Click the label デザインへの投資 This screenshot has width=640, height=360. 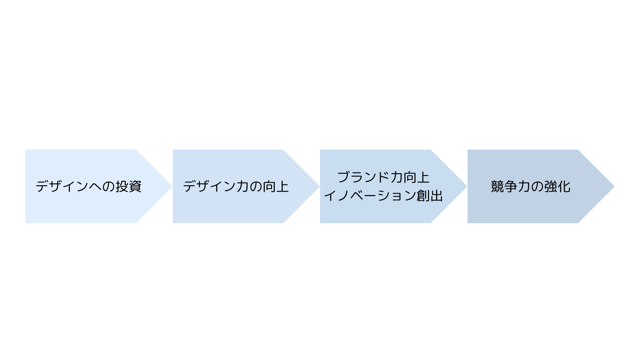coord(88,186)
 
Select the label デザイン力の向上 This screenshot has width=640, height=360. coord(236,186)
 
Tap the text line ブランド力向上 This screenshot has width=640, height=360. coord(384,177)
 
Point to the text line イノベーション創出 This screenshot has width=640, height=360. coord(384,196)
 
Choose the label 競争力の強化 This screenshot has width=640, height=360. coord(530,186)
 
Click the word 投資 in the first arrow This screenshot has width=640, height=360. coord(128,186)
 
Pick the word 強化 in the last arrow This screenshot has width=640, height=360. coord(558,186)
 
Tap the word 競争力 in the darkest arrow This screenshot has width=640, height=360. coord(510,186)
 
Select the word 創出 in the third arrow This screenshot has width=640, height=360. coord(430,196)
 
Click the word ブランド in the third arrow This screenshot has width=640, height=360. coord(364,177)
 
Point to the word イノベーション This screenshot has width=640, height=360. coord(370,196)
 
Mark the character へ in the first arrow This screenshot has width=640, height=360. coord(96,187)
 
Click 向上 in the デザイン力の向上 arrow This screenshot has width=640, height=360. coord(276,186)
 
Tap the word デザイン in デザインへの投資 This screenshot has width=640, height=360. coord(62,186)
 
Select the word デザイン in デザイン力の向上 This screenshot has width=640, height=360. coord(210,186)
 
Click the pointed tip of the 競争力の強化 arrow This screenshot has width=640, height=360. coord(614,186)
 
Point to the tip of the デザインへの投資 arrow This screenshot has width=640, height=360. coord(172,186)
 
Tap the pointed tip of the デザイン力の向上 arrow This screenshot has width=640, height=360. coord(320,186)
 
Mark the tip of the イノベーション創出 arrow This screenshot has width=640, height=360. coord(467,186)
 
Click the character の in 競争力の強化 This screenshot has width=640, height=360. coord(538,187)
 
